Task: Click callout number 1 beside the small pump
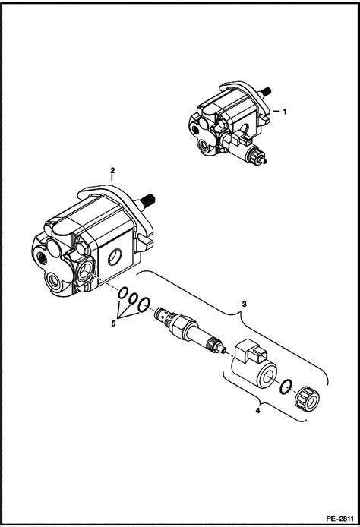pos(285,112)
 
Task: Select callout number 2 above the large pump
pos(112,170)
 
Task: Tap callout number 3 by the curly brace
pos(245,305)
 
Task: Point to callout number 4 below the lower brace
pos(257,410)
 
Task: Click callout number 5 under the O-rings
pos(113,323)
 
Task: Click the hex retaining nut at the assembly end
pos(308,399)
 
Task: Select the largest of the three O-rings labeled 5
pos(144,305)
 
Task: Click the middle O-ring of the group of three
pos(133,298)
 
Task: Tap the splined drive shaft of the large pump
pos(149,200)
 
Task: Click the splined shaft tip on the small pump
pos(267,91)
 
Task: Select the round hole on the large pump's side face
pos(115,258)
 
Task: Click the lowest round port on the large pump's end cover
pos(54,279)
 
